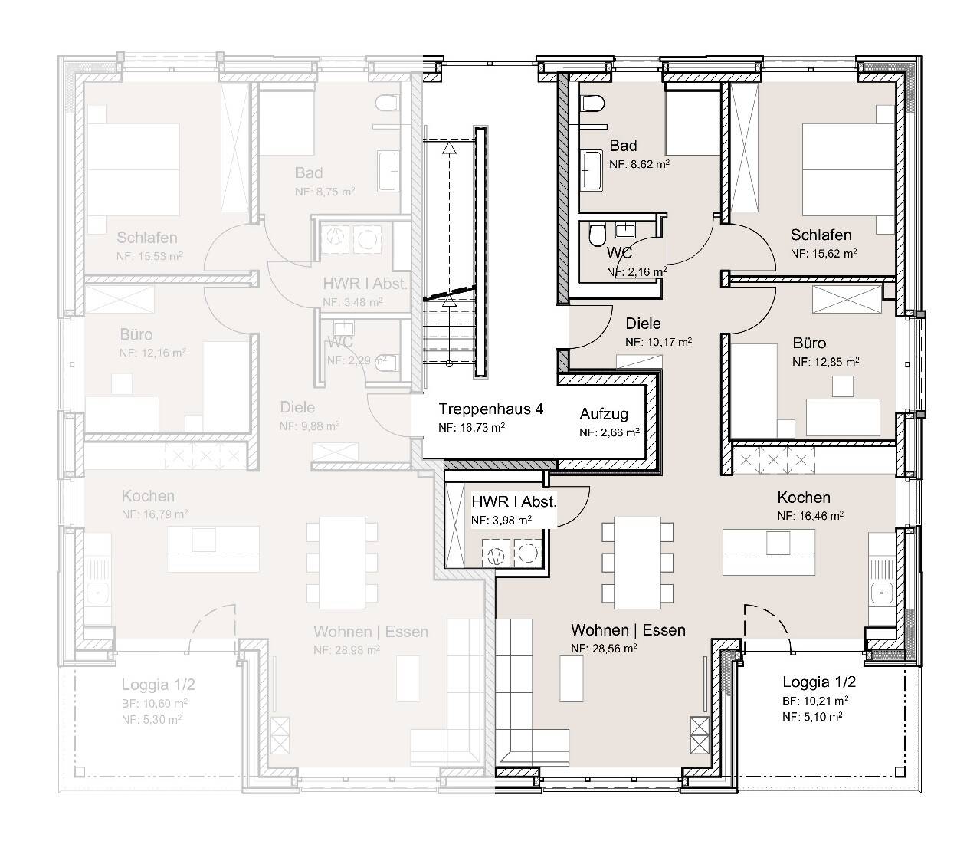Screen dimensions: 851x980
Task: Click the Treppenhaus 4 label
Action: coord(490,409)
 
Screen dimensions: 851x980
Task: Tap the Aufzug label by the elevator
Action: coord(604,414)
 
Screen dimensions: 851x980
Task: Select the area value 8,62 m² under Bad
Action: coord(640,164)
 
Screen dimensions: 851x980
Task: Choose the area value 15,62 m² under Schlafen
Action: coord(824,253)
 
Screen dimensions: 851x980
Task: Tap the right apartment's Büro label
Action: coord(809,343)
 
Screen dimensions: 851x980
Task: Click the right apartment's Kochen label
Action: coord(804,498)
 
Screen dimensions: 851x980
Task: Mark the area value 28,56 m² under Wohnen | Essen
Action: coord(605,648)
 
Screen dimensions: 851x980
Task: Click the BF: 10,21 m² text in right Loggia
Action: coord(814,700)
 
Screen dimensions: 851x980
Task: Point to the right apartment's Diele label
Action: coord(643,324)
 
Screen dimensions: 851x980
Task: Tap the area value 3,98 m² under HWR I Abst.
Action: coord(501,521)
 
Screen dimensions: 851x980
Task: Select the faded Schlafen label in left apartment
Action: coord(147,238)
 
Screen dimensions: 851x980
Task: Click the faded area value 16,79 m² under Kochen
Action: coord(155,514)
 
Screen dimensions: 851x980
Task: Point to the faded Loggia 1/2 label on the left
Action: coord(159,685)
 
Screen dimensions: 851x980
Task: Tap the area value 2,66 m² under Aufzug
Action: coord(609,432)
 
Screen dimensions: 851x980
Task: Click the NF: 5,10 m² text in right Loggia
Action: coord(812,717)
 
